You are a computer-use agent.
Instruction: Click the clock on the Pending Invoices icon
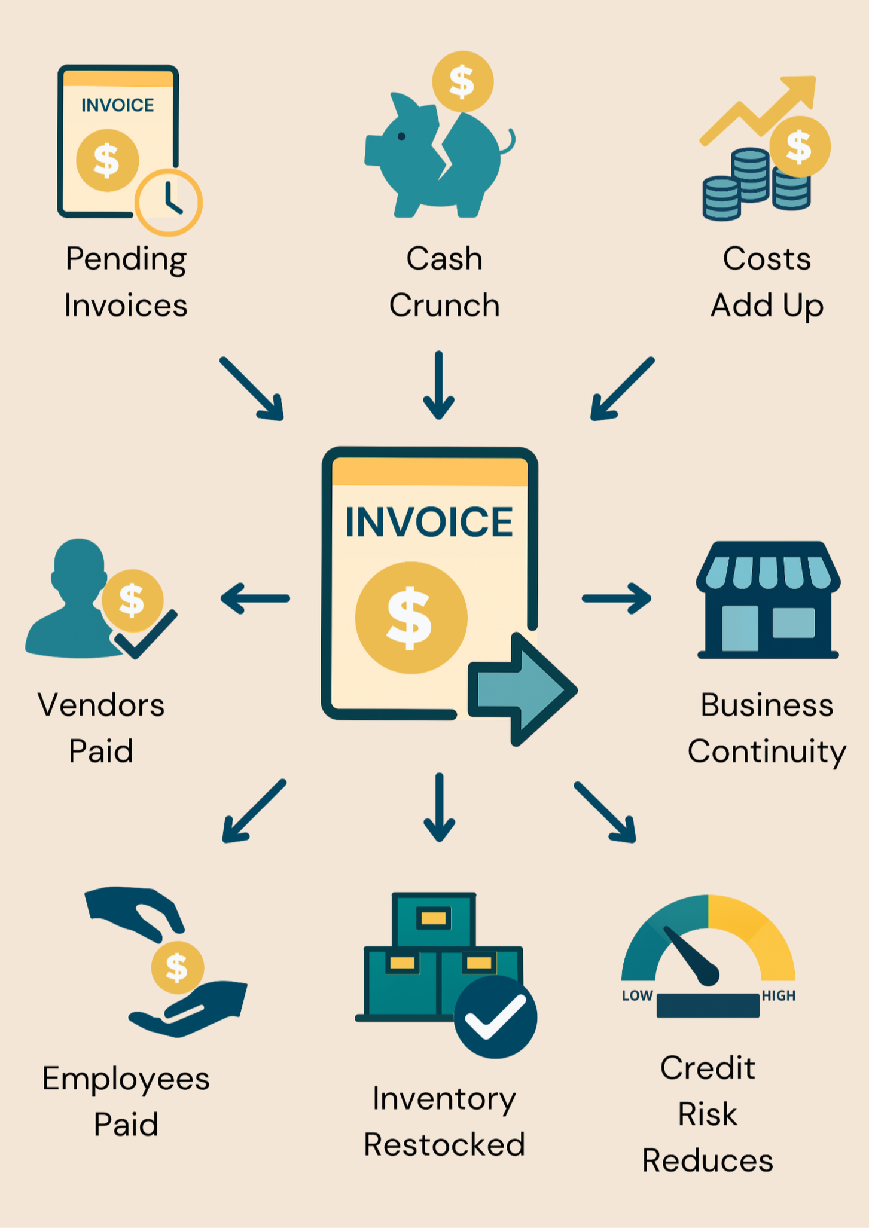pyautogui.click(x=169, y=202)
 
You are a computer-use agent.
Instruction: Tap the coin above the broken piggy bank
pyautogui.click(x=462, y=82)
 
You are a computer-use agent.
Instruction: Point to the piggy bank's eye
pyautogui.click(x=402, y=137)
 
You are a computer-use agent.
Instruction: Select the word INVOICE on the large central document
pyautogui.click(x=429, y=522)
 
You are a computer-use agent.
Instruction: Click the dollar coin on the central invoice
pyautogui.click(x=411, y=618)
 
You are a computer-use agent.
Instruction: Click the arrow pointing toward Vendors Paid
pyautogui.click(x=255, y=598)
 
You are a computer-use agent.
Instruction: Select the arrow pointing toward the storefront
pyautogui.click(x=617, y=598)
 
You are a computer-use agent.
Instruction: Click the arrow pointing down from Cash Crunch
pyautogui.click(x=439, y=386)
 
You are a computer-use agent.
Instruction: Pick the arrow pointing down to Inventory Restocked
pyautogui.click(x=439, y=807)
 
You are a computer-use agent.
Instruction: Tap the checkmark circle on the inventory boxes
pyautogui.click(x=495, y=1017)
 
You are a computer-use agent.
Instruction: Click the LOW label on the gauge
pyautogui.click(x=637, y=996)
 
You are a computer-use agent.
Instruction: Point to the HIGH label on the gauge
pyautogui.click(x=779, y=996)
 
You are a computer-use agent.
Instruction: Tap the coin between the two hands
pyautogui.click(x=177, y=967)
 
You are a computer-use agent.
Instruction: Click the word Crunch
pyautogui.click(x=444, y=306)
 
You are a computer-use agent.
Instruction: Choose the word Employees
pyautogui.click(x=126, y=1079)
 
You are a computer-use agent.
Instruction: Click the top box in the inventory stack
pyautogui.click(x=434, y=920)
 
